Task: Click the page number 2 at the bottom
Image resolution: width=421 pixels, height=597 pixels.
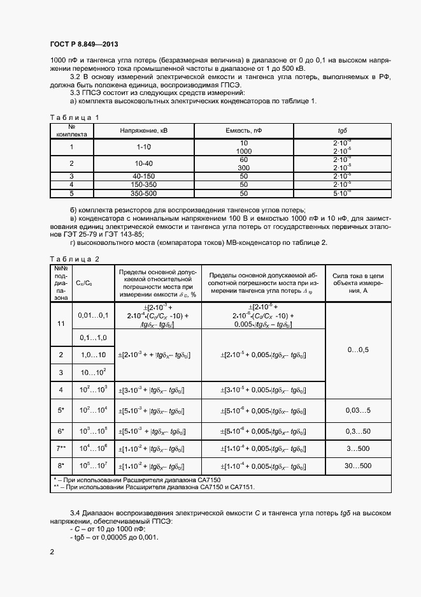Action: coord(52,550)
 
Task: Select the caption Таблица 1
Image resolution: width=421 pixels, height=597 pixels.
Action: coord(75,117)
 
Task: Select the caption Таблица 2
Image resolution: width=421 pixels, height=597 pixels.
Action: coord(75,258)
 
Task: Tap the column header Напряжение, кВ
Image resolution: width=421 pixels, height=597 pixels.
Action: coord(148,130)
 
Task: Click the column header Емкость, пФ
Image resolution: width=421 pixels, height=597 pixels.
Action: coord(243,130)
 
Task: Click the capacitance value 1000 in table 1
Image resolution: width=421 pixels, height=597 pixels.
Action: coord(243,151)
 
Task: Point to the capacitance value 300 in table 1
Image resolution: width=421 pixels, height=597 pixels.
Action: coord(243,168)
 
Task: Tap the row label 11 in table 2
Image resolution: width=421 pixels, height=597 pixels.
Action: coord(61,323)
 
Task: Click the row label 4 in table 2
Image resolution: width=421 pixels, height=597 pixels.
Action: coord(61,389)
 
